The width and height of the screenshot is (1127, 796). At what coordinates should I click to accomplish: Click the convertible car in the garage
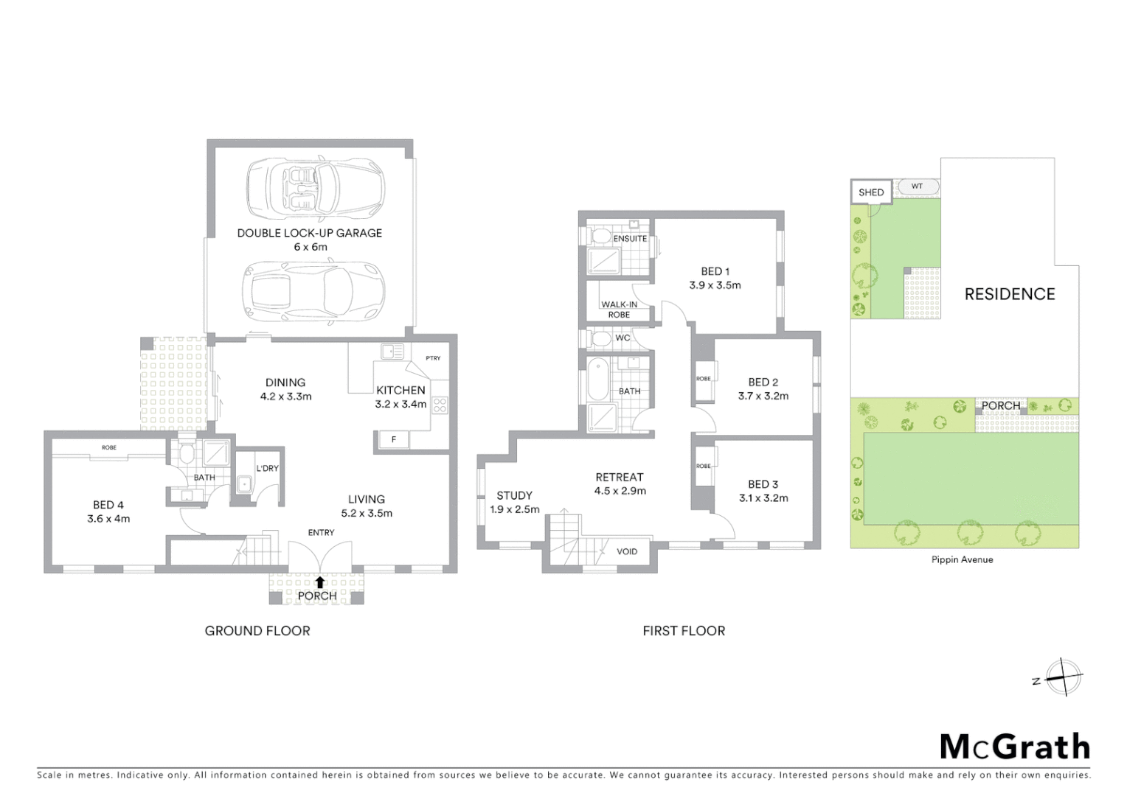coord(315,187)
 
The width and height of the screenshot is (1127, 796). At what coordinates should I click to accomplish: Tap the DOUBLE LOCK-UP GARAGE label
coord(309,233)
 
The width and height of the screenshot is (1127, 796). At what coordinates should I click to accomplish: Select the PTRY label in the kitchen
coord(433,358)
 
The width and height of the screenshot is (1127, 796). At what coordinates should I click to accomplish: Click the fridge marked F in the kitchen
coord(393,440)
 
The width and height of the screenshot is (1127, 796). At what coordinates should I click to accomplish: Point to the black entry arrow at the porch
coord(319,582)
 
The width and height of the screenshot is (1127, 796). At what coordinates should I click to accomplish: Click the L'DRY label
coord(267,468)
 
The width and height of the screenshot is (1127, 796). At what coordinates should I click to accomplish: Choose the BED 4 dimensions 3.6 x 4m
coord(108,519)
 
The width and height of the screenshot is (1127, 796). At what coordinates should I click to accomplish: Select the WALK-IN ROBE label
coord(619,310)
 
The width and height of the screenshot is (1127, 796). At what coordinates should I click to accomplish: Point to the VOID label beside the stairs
coord(627,551)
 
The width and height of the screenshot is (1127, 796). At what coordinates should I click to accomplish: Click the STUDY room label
coord(514,495)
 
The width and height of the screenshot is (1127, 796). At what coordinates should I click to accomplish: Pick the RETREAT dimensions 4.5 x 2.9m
coord(620,491)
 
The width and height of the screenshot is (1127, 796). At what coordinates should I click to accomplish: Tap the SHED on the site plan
coord(871,192)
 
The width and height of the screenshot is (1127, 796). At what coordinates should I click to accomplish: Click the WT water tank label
coord(917,186)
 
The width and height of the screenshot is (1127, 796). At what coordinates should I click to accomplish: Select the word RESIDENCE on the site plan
coord(1009,294)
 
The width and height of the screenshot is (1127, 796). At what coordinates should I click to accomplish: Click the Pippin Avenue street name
coord(962,559)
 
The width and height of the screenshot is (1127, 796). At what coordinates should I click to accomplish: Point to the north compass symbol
coord(1062,677)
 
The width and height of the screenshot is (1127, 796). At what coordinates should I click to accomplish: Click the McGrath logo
coord(1014,747)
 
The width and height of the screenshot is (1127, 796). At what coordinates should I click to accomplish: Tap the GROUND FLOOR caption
coord(257,631)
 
